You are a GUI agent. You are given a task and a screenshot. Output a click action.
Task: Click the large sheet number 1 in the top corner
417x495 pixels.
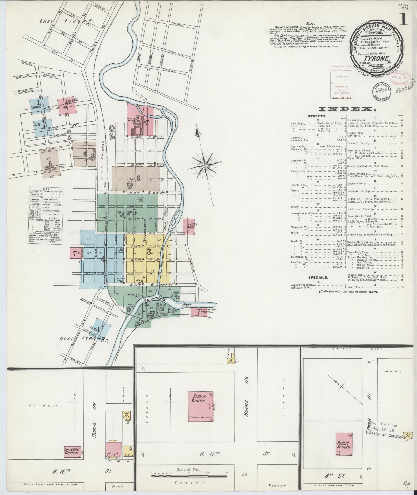(x=403, y=20)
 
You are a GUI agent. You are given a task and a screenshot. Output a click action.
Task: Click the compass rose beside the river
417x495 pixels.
(x=204, y=165)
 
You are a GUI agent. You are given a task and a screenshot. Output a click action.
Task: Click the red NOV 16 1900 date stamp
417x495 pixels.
(x=342, y=98)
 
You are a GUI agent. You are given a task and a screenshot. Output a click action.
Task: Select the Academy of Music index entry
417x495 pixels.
(x=301, y=284)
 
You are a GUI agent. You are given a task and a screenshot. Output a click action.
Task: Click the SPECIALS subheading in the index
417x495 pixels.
(x=318, y=277)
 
